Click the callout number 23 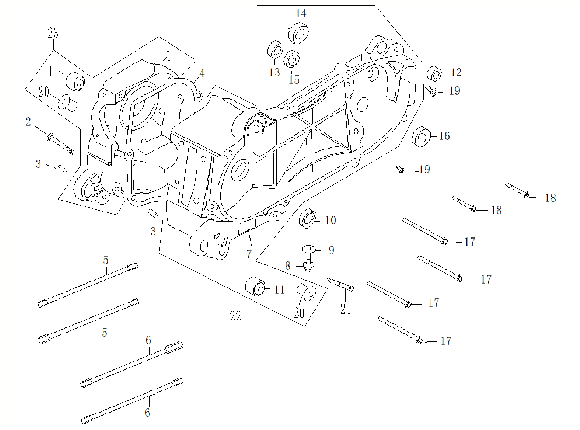53,33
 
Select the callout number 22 235,317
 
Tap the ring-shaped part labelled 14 298,33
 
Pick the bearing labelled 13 275,50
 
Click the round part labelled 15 292,59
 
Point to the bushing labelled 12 435,74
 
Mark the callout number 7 249,253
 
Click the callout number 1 168,57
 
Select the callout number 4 202,73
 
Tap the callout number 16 444,136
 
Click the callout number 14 300,14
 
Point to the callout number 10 330,220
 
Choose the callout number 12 456,73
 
